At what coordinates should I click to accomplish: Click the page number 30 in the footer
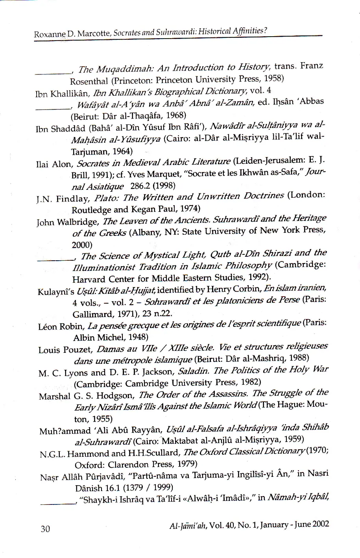46,528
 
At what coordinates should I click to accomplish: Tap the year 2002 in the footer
321,524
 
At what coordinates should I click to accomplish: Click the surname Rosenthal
89,81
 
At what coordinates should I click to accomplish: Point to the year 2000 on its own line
82,245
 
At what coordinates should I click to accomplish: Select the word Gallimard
92,314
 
